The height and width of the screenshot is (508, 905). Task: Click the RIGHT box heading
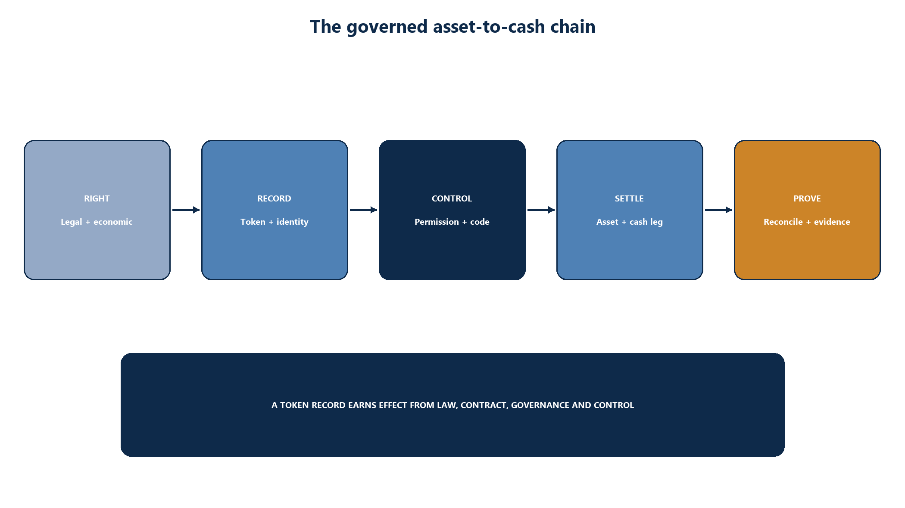coord(97,198)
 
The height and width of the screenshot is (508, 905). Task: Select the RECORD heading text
coord(274,198)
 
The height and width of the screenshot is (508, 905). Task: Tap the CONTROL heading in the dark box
coord(452,198)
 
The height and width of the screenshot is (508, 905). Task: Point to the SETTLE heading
coord(629,198)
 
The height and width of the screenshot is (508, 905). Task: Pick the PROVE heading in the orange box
coord(807,198)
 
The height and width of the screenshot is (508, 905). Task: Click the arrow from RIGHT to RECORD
coord(186,210)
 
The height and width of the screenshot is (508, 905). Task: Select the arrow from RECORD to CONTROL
coord(363,210)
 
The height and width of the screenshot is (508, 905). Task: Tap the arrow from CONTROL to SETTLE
coord(541,210)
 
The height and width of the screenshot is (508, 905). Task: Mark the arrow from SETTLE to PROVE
coord(718,210)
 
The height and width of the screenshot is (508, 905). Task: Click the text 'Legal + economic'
coord(97,222)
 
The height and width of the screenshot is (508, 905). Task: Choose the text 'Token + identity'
coord(275,222)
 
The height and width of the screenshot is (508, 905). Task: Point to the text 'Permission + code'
coord(452,222)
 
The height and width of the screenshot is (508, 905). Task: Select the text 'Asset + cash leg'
coord(630,222)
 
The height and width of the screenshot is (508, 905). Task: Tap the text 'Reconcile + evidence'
coord(807,222)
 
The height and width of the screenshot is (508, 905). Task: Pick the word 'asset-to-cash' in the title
coord(489,27)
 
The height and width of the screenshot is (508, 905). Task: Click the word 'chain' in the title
coord(573,27)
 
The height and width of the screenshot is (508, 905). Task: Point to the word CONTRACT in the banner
coord(481,405)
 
